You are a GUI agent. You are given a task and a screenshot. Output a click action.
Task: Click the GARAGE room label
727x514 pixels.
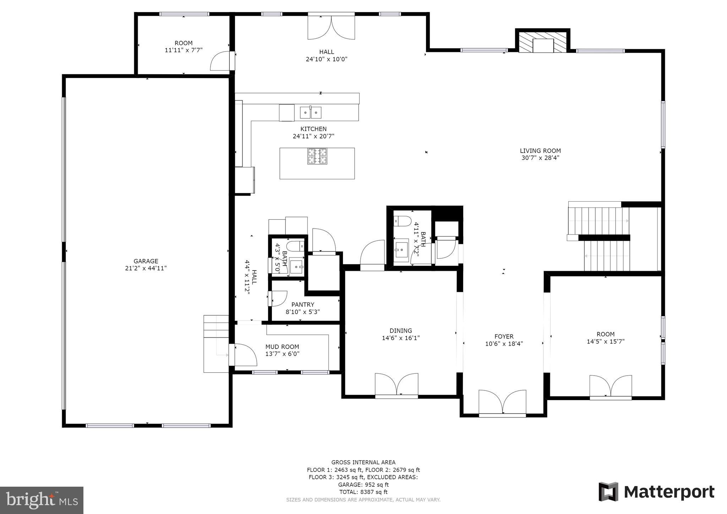(146, 261)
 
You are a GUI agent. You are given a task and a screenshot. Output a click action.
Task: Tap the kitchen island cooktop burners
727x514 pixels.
(317, 156)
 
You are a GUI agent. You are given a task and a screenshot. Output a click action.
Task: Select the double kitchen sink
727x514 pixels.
(311, 113)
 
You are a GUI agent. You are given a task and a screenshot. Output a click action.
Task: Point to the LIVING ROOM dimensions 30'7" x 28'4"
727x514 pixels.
(540, 158)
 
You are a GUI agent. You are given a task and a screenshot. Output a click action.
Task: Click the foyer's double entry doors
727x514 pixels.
(502, 403)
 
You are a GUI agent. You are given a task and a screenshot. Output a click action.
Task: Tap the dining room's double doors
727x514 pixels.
(397, 385)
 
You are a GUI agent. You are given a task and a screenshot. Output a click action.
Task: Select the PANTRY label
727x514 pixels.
(303, 305)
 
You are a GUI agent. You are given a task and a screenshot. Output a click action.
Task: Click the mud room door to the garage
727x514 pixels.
(243, 355)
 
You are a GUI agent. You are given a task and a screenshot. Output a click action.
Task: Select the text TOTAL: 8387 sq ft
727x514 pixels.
(363, 492)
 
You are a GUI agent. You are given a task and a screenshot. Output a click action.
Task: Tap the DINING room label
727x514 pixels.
(401, 330)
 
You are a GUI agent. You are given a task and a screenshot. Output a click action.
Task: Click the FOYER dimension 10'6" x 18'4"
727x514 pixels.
(504, 344)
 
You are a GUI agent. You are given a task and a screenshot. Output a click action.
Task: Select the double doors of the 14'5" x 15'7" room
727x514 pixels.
(611, 387)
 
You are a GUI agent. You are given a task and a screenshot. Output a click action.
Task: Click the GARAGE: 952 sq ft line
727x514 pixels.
(363, 485)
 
